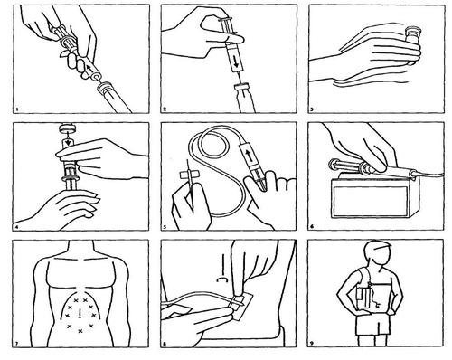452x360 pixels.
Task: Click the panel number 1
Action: pos(17,109)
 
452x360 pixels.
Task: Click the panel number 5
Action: pos(165,227)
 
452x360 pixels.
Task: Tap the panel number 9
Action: pos(312,344)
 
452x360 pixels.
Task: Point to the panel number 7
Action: pos(17,344)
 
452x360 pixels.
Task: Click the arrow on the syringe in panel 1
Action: pos(89,66)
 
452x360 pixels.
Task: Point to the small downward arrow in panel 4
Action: pos(69,141)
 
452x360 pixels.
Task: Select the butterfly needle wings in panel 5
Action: pos(187,175)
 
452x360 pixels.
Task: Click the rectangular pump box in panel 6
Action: pos(371,198)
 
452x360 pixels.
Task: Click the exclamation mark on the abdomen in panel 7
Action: pos(80,314)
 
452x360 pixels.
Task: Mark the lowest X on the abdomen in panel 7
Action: pos(80,331)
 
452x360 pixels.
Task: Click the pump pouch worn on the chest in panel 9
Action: pos(363,298)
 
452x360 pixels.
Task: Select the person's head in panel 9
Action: pos(377,253)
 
